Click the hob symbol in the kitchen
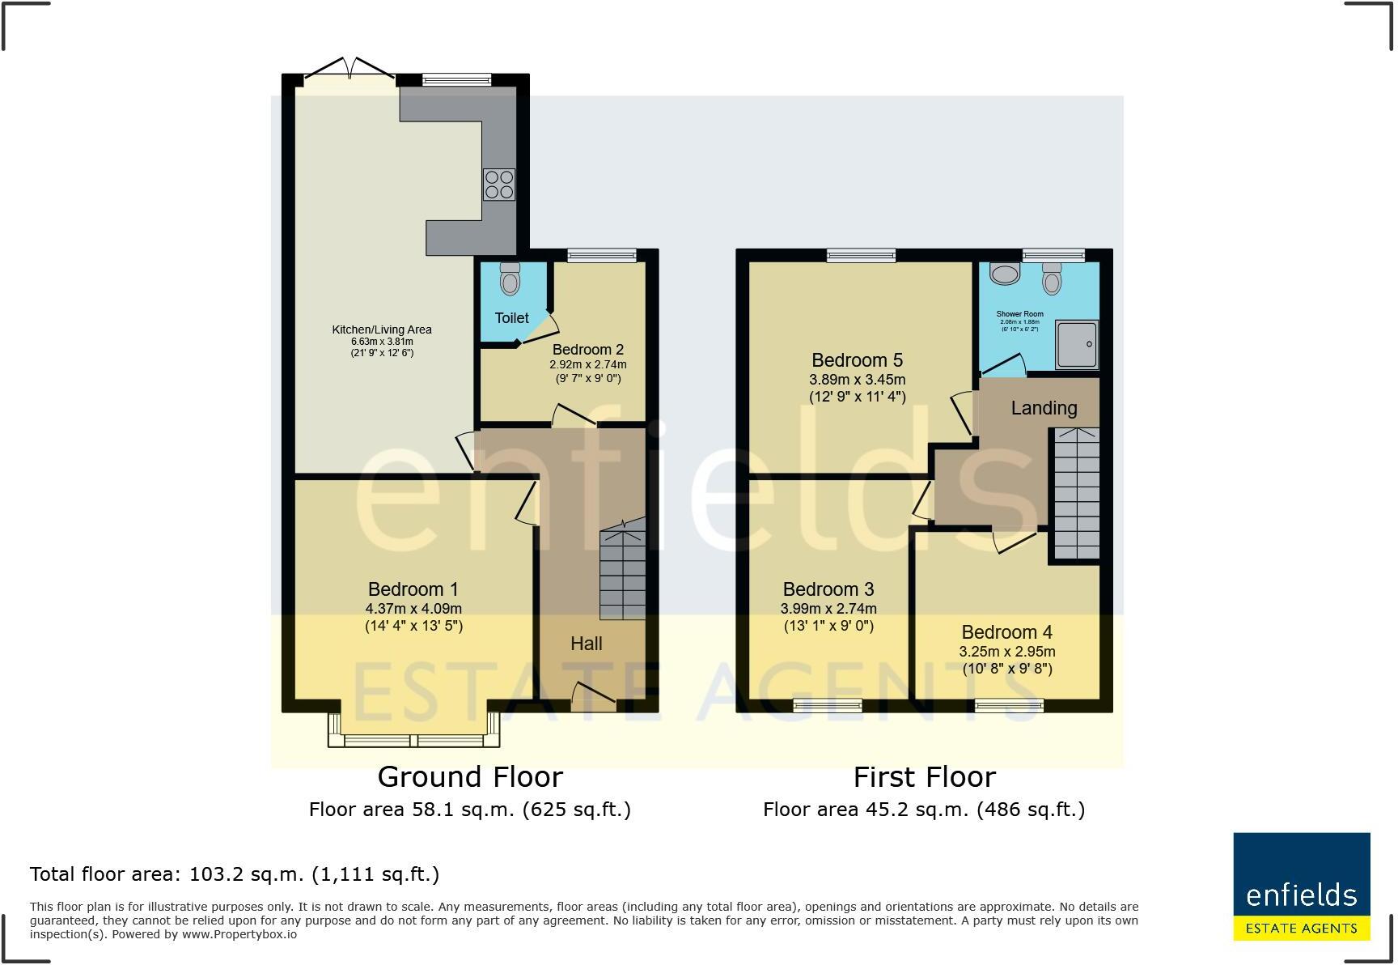click(498, 184)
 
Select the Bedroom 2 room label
click(587, 350)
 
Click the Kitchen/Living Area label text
click(382, 329)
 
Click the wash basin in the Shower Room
click(1006, 274)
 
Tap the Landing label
click(1044, 408)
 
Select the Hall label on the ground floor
click(586, 644)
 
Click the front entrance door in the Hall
click(593, 697)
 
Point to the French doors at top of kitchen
click(349, 71)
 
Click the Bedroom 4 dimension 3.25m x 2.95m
click(1006, 652)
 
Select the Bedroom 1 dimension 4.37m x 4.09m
click(413, 609)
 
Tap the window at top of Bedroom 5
click(861, 255)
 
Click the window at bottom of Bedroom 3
click(827, 706)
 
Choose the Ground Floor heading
click(470, 777)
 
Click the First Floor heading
click(924, 777)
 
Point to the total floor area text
click(235, 874)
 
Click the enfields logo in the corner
click(1301, 886)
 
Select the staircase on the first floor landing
click(1076, 494)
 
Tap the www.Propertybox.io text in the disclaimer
click(239, 934)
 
